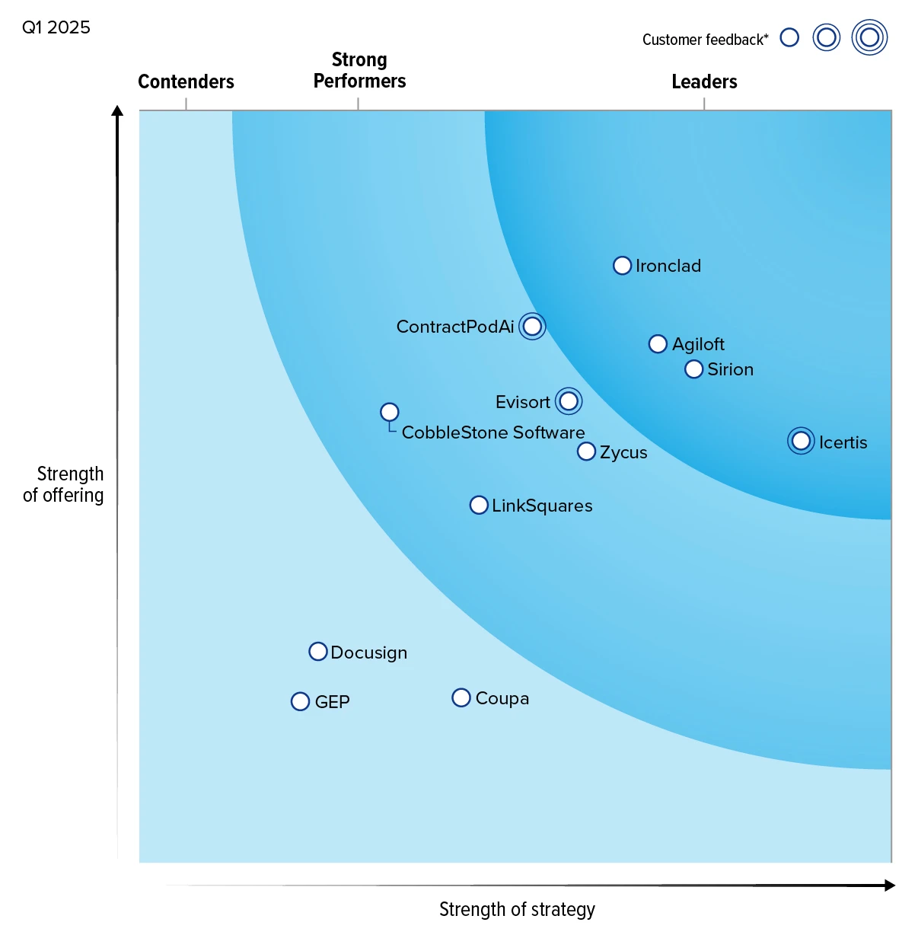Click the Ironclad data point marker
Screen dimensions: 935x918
pyautogui.click(x=622, y=266)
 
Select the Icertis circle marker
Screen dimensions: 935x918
pyautogui.click(x=801, y=441)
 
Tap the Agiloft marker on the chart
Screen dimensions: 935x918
pyautogui.click(x=658, y=344)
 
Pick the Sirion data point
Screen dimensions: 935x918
pyautogui.click(x=693, y=369)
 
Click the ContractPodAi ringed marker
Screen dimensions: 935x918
pyautogui.click(x=533, y=327)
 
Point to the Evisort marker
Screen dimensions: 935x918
pyautogui.click(x=569, y=401)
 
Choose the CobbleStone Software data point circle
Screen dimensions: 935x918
pyautogui.click(x=390, y=412)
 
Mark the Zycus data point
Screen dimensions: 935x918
pyautogui.click(x=586, y=452)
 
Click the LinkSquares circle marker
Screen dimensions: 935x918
pyautogui.click(x=479, y=505)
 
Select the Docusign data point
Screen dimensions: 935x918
pyautogui.click(x=318, y=652)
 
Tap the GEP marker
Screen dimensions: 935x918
pyautogui.click(x=301, y=701)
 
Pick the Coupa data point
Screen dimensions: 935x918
pyautogui.click(x=461, y=697)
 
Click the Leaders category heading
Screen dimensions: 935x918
pyautogui.click(x=704, y=81)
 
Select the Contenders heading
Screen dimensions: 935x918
pyautogui.click(x=186, y=81)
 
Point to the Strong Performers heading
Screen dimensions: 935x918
pyautogui.click(x=359, y=70)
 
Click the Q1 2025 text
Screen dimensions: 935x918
pyautogui.click(x=56, y=27)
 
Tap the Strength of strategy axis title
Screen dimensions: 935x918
pyautogui.click(x=517, y=909)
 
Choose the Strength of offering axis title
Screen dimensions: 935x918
pyautogui.click(x=64, y=484)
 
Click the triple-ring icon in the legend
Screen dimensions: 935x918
pyautogui.click(x=869, y=37)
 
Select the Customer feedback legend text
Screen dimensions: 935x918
pyautogui.click(x=705, y=40)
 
